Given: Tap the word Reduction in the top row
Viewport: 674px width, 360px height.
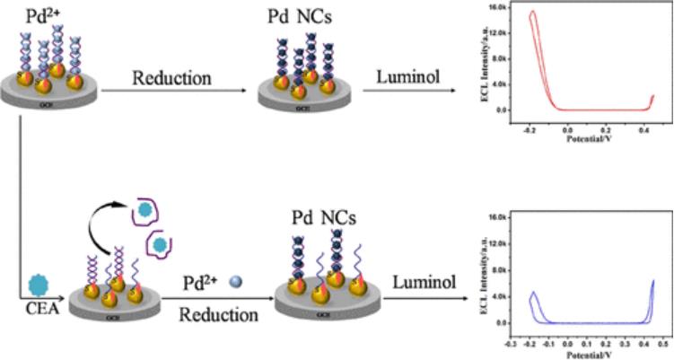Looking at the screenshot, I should point(171,77).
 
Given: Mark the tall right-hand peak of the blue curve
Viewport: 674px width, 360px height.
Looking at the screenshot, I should point(652,281).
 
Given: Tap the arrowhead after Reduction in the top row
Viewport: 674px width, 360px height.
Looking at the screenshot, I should point(247,90).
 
